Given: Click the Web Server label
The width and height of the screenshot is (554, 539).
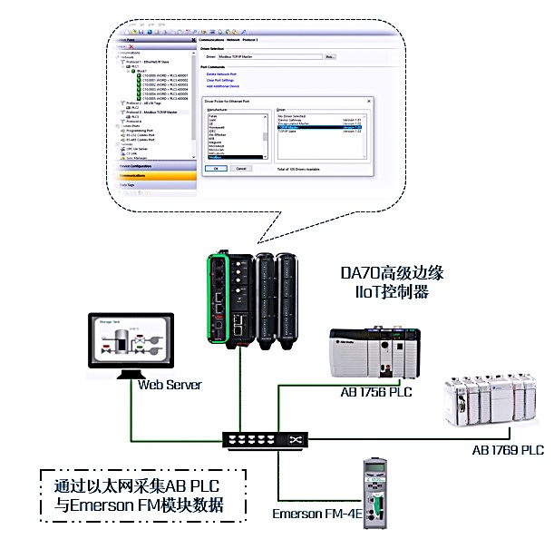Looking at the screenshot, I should click(170, 385).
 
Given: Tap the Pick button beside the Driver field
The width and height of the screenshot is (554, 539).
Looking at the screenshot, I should click(330, 56).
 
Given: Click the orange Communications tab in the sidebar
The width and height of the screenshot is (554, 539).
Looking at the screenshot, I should click(156, 175).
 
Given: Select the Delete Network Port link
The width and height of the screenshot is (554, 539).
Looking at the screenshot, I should click(222, 73).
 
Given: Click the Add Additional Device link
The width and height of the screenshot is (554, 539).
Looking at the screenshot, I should click(225, 86).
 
